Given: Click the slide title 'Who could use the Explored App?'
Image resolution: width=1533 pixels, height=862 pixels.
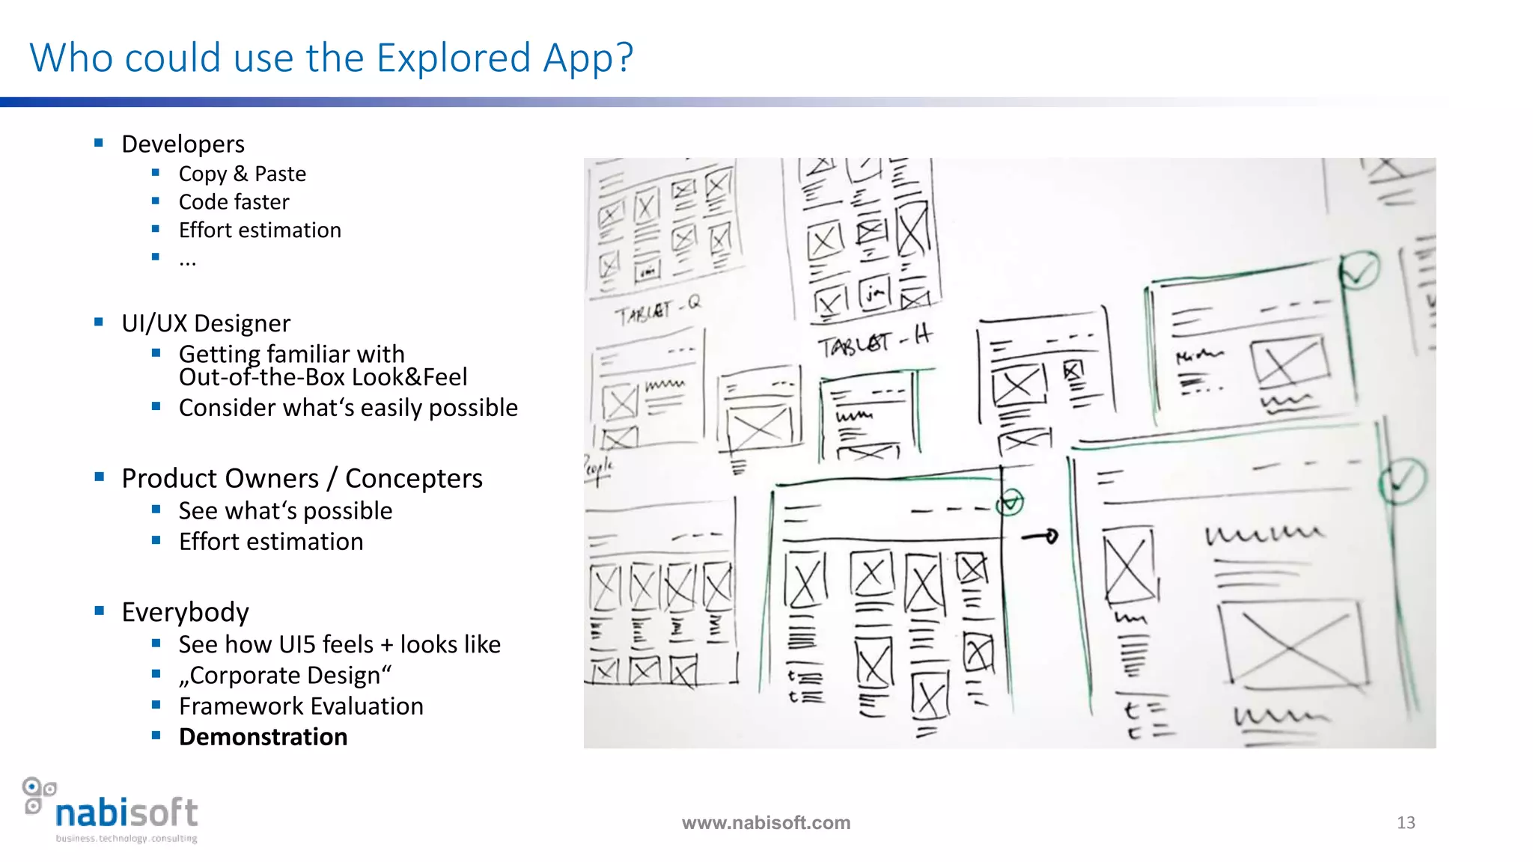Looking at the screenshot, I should tap(331, 58).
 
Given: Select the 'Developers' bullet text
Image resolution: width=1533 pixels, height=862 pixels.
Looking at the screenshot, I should tap(183, 144).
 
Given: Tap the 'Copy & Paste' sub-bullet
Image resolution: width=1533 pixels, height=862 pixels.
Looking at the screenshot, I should tap(242, 174).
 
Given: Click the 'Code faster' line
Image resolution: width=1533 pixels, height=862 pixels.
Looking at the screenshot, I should tap(234, 202).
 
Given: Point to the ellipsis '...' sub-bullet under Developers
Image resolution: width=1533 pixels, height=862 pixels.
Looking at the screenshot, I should tap(187, 260).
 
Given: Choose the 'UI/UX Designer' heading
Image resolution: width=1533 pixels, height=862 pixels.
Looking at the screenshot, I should tap(206, 323).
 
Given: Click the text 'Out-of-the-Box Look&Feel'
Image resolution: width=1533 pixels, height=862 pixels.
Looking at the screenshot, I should tap(323, 377).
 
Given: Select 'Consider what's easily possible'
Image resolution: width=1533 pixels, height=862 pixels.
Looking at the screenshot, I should tap(348, 408).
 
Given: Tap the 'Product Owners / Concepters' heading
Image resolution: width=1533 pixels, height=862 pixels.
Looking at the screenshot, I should tap(302, 478).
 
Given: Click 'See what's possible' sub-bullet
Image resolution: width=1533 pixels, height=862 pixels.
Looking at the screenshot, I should tap(285, 511).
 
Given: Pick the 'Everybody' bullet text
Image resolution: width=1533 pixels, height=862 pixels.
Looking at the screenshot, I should tap(185, 612).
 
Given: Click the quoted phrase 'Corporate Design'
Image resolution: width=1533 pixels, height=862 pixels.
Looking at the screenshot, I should tap(285, 675).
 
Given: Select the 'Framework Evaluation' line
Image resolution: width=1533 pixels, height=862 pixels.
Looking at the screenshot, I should tap(301, 706).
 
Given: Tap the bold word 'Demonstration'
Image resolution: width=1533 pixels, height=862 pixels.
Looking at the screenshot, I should tap(263, 737).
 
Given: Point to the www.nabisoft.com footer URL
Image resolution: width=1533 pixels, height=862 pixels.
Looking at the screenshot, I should tap(766, 823).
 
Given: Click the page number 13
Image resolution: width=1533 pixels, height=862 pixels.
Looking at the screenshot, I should tap(1406, 823).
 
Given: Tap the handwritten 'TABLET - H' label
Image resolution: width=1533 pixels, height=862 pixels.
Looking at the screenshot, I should tap(874, 343).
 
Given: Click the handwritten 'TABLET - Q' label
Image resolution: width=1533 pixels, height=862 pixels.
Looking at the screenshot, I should tap(658, 310).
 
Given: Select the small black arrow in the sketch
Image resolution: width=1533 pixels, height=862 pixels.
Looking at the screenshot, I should tap(1040, 537).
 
